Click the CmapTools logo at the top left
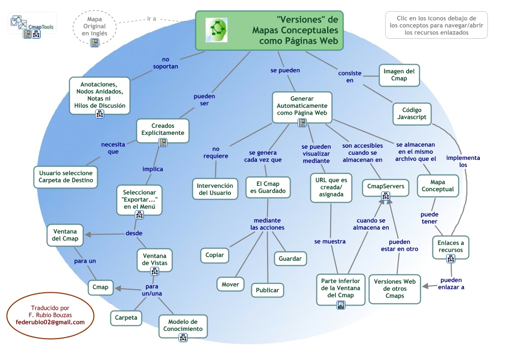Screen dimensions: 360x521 tap(32, 22)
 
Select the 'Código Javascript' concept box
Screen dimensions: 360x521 tap(412, 114)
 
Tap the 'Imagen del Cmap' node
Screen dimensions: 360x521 tap(399, 75)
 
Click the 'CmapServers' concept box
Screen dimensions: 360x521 tap(386, 187)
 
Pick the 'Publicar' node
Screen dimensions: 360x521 tap(267, 290)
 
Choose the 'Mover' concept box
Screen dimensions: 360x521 tap(230, 285)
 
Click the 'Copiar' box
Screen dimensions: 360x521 tap(214, 255)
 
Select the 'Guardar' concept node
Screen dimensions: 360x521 tap(290, 259)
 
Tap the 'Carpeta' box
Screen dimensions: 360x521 tap(126, 318)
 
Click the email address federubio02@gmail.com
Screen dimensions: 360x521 tap(50, 322)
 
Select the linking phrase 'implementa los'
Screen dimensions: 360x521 tap(462, 161)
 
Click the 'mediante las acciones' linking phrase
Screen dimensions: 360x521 tap(267, 224)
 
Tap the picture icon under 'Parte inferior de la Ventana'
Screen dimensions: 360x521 tap(341, 305)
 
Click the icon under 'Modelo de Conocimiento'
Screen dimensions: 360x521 tap(183, 337)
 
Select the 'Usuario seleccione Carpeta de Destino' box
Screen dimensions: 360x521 tap(66, 177)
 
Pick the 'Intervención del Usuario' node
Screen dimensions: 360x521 tap(215, 189)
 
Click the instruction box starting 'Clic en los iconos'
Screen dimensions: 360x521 tap(436, 25)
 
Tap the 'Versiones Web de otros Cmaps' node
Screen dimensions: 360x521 tap(395, 288)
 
